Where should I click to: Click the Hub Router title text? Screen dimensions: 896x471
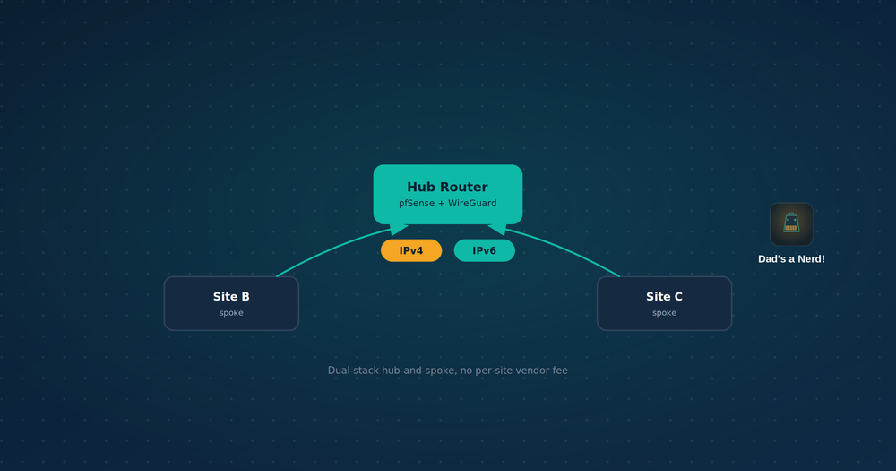(447, 188)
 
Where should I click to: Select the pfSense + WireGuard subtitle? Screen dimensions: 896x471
(447, 203)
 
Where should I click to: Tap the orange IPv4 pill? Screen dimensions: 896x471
(411, 250)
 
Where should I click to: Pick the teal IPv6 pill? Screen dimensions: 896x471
(485, 250)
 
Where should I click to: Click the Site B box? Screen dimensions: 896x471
(231, 303)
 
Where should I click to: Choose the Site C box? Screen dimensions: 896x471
(665, 303)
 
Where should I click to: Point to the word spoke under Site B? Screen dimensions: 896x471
(231, 313)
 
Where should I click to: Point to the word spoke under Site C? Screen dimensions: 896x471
(665, 313)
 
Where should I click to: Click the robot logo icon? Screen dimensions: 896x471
(791, 224)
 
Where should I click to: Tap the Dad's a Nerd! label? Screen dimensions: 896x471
(791, 259)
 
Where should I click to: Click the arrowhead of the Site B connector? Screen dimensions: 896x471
(399, 229)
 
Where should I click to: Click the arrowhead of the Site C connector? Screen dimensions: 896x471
(497, 229)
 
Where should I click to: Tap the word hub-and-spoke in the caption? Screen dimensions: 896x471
(419, 371)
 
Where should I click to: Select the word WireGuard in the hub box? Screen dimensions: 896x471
(472, 203)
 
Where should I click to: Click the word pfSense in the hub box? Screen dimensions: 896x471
(417, 203)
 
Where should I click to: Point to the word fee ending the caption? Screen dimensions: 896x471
(560, 371)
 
